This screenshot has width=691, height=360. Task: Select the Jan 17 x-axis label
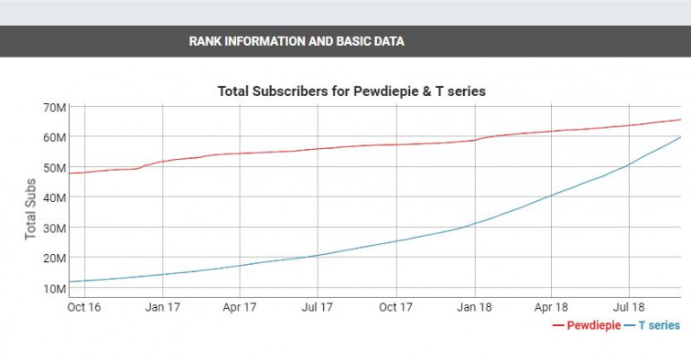162,307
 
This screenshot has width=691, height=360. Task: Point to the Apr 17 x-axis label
240,307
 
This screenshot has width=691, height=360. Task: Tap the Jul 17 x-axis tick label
317,307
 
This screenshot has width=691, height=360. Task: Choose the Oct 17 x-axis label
396,307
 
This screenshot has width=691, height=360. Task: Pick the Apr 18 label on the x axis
550,307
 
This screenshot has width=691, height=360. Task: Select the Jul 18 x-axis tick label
628,307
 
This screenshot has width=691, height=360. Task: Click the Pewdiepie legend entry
589,325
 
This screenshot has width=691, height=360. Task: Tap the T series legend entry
658,325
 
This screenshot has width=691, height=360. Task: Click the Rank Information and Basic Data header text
296,41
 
